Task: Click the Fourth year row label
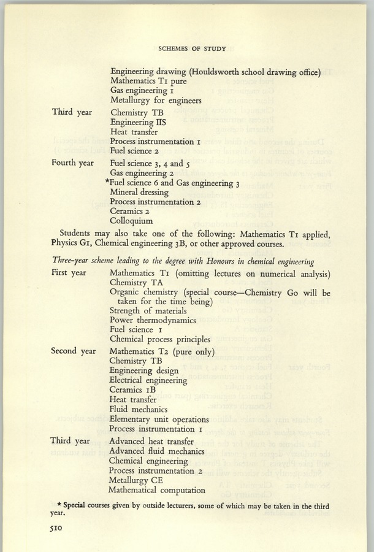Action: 72,163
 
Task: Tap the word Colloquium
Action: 131,220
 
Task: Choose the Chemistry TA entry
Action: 135,282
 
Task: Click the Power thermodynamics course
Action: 153,320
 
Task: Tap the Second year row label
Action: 74,351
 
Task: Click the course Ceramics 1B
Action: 133,389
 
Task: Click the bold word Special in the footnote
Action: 72,506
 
